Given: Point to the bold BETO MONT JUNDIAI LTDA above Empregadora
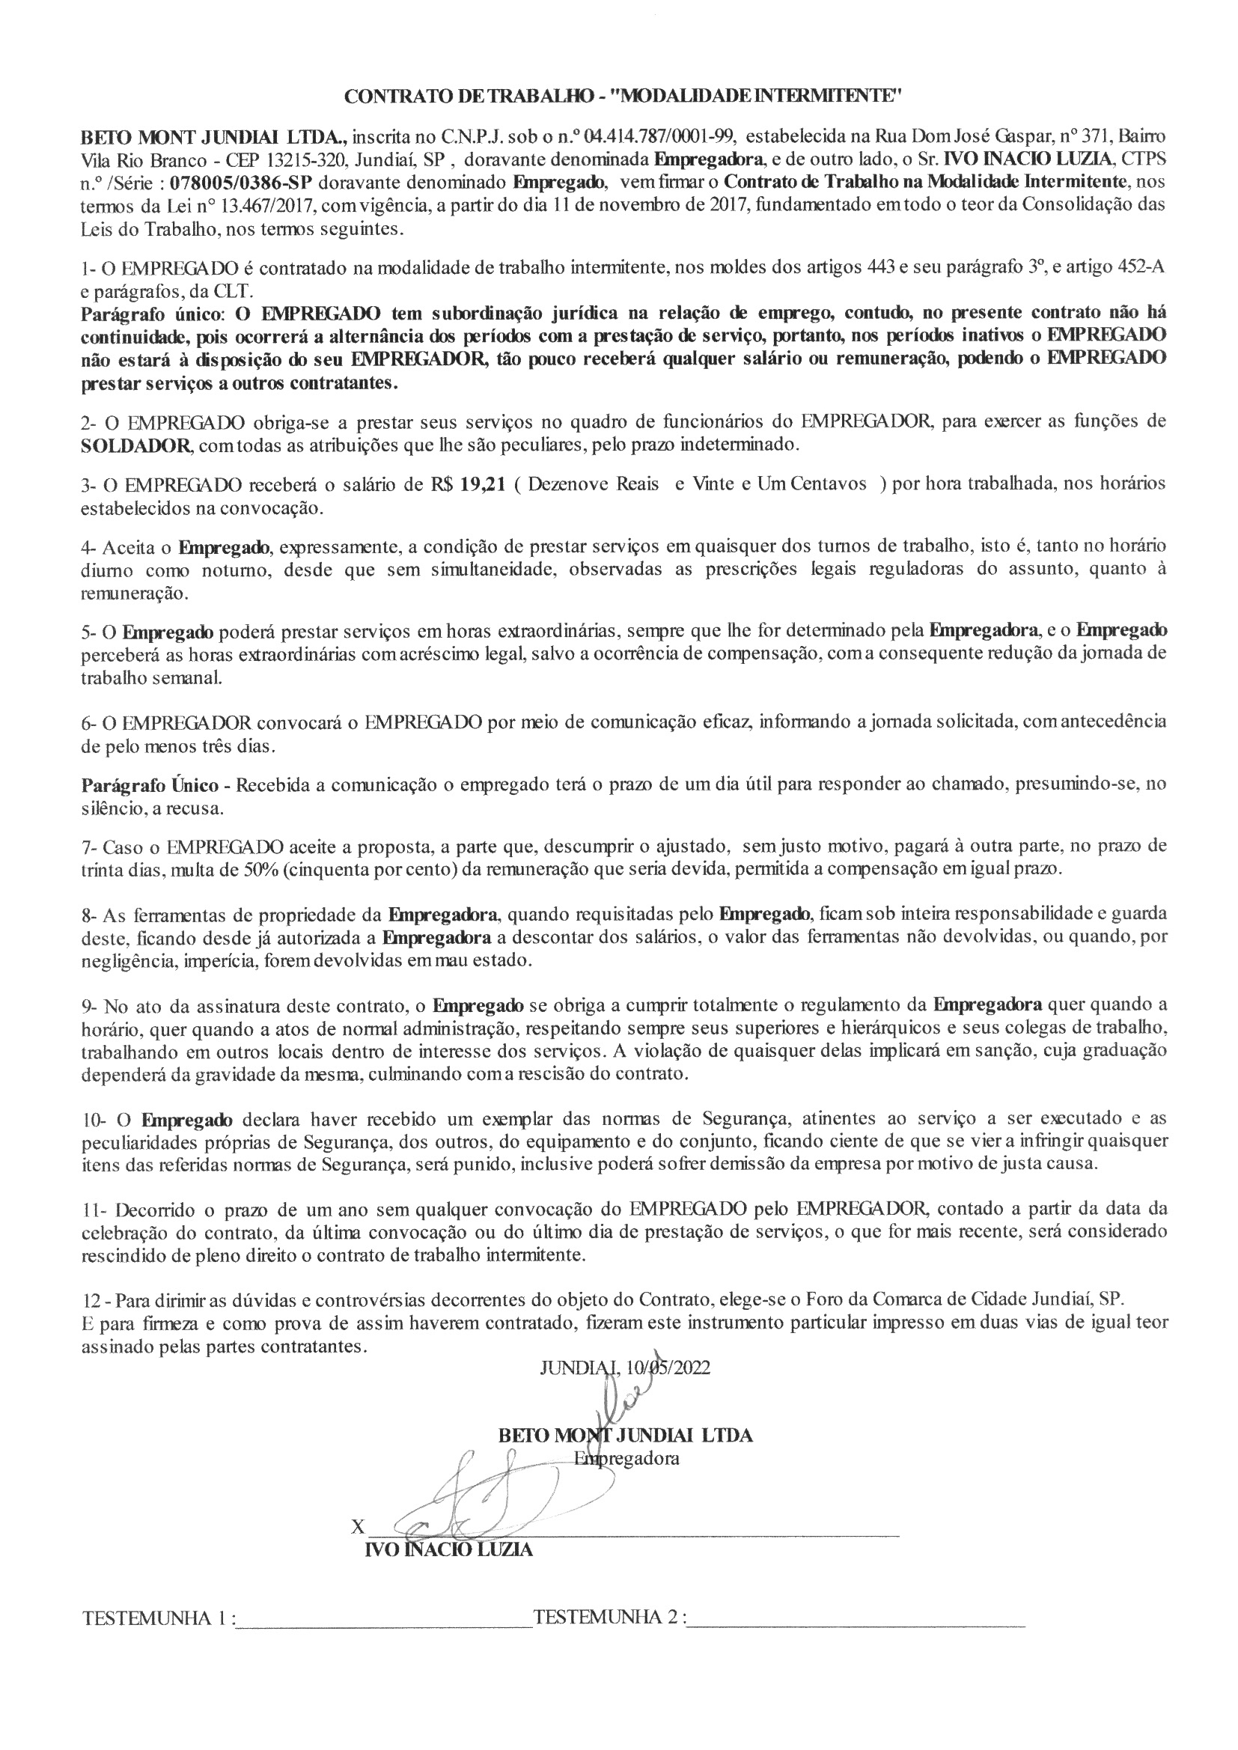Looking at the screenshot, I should (x=625, y=1435).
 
